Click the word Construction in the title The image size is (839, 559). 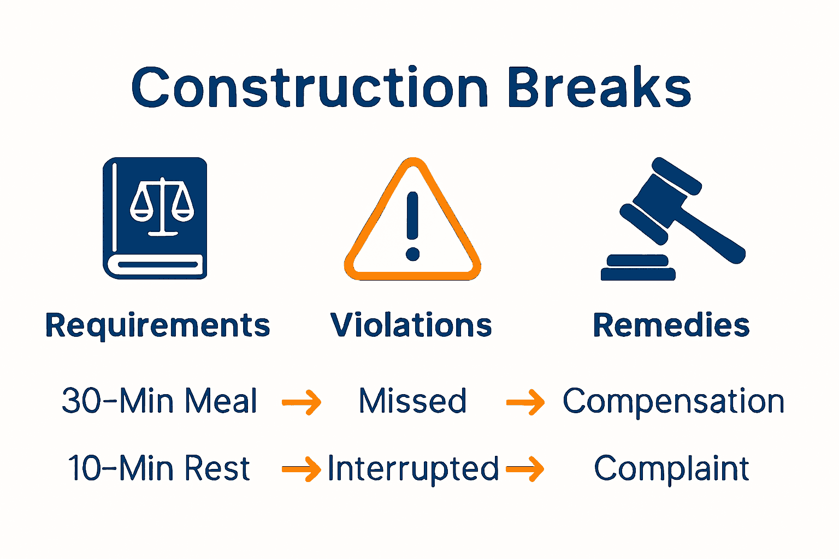[309, 88]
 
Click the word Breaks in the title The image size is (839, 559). [599, 88]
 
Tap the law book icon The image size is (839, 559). [155, 218]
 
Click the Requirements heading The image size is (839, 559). [157, 326]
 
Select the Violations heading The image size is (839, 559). [411, 325]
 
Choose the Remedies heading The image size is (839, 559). [671, 325]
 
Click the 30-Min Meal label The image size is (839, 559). [159, 401]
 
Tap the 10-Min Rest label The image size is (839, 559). [159, 468]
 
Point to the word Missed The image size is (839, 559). [412, 401]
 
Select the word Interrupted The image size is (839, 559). [413, 469]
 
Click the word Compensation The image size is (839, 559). [673, 401]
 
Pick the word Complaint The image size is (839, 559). [671, 468]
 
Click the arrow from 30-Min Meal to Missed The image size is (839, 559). [302, 403]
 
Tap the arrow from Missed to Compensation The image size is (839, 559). [525, 403]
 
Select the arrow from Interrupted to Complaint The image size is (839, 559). [525, 469]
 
